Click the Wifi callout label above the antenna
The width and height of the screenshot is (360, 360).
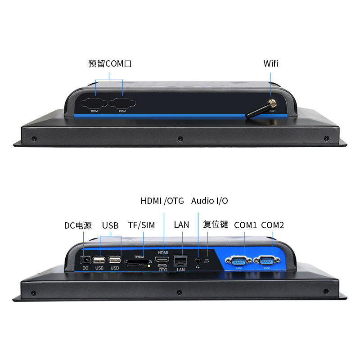click(271, 63)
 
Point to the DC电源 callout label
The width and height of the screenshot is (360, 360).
click(78, 225)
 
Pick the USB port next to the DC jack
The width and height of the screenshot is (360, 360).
click(99, 260)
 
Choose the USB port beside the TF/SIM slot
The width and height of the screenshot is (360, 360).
click(115, 260)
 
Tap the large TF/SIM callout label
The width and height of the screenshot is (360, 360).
click(141, 225)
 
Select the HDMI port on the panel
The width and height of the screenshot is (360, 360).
click(162, 259)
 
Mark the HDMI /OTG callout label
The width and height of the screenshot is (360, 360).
click(162, 201)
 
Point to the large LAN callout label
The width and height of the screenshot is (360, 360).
click(181, 225)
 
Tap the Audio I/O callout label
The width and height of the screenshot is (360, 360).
click(209, 201)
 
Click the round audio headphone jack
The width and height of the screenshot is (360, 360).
click(198, 260)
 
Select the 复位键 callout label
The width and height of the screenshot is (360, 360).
click(216, 225)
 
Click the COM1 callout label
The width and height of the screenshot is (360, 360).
click(245, 225)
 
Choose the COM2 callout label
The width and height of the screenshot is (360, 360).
click(272, 225)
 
